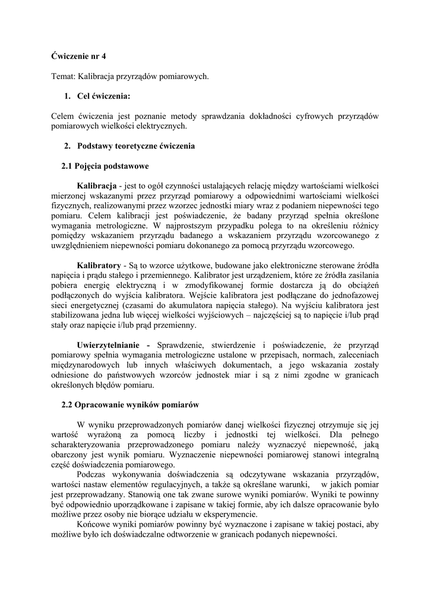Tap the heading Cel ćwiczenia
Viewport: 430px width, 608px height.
click(x=103, y=96)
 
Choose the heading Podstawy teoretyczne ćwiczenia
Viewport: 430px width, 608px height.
click(x=136, y=145)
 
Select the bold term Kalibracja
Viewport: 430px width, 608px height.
click(x=96, y=186)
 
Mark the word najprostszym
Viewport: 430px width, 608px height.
click(x=195, y=226)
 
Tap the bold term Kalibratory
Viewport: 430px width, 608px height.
click(x=99, y=265)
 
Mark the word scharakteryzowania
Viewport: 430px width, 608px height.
click(x=87, y=444)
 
